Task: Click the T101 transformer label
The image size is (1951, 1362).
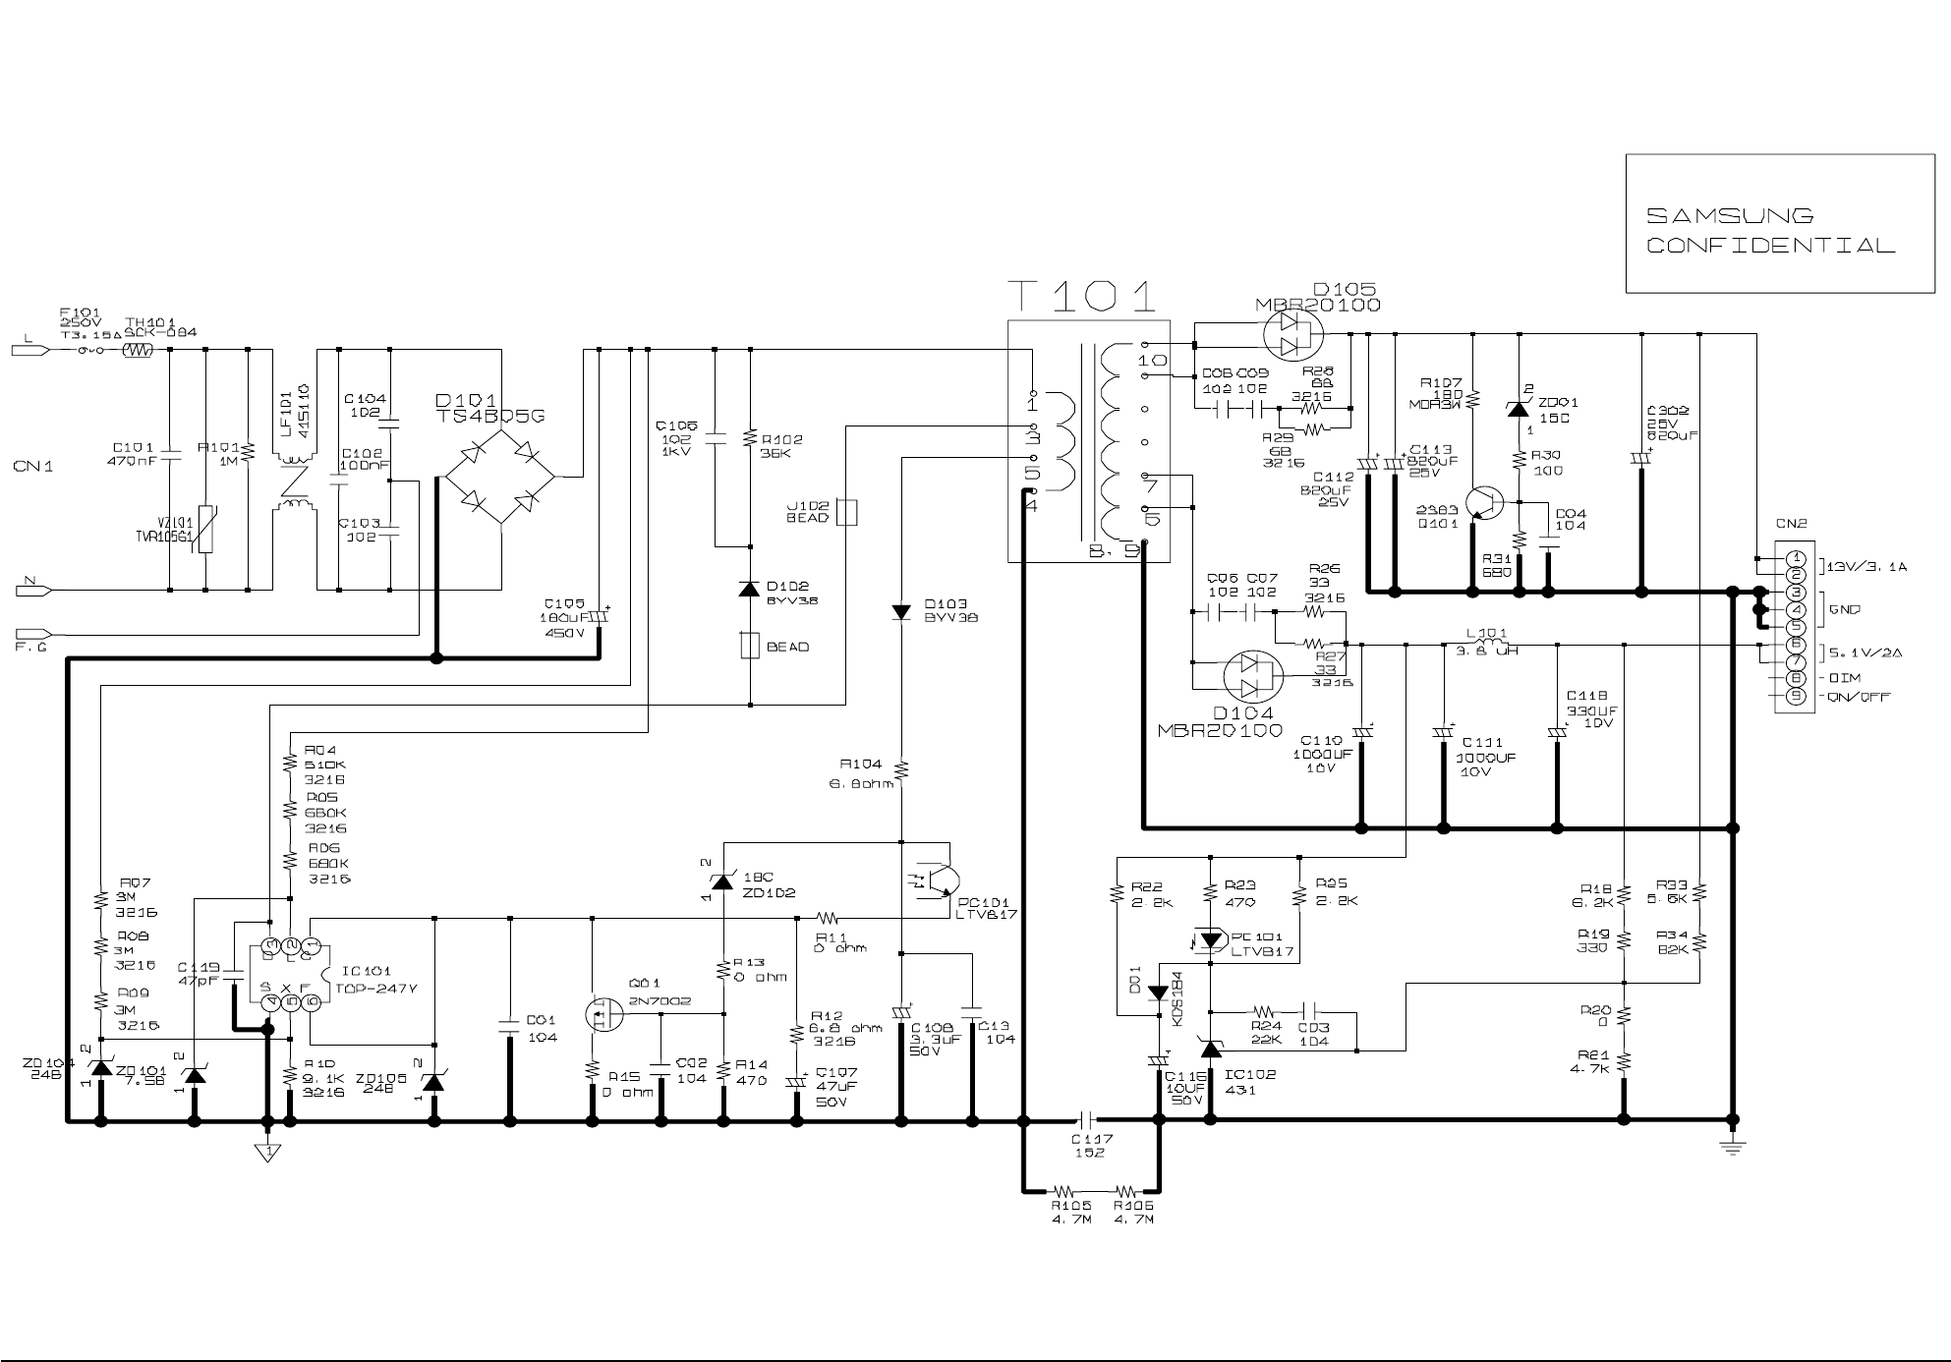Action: [1081, 296]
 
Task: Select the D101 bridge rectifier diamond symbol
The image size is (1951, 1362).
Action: [500, 479]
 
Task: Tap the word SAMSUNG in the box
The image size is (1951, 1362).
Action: [1730, 216]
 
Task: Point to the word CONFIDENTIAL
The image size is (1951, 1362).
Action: [1770, 246]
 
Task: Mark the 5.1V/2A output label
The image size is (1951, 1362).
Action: [1865, 652]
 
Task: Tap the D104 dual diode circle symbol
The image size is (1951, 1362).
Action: [1253, 676]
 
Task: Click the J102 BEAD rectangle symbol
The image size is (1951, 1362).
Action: [846, 512]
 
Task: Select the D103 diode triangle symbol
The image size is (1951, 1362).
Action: [900, 612]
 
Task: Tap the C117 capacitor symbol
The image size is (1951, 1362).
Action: [1086, 1119]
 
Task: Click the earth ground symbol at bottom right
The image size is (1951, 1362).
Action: [1732, 1148]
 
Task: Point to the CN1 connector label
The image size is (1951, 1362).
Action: [33, 467]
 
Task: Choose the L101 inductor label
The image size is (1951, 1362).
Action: [1486, 633]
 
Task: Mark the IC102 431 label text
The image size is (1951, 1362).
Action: [1250, 1082]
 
